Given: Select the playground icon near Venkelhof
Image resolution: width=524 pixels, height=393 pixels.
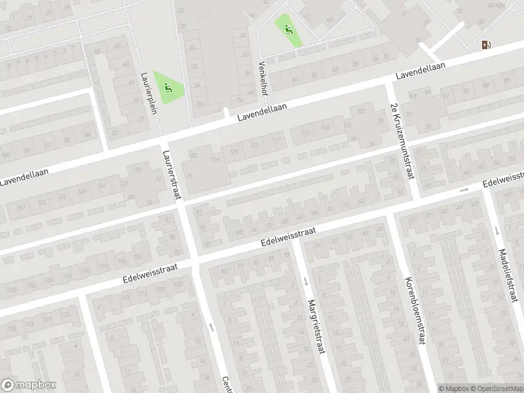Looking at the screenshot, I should (x=288, y=29).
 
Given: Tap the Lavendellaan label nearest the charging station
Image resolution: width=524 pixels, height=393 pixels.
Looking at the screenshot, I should (x=419, y=72).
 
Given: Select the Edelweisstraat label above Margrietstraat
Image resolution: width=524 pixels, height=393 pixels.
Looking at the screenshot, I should (x=288, y=237).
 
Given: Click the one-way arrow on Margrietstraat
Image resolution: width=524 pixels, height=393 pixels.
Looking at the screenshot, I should (x=307, y=282).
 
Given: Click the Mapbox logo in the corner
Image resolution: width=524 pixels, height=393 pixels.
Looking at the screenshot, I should (x=29, y=385).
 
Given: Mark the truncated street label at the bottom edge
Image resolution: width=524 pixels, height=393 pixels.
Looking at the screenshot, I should (x=227, y=384).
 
